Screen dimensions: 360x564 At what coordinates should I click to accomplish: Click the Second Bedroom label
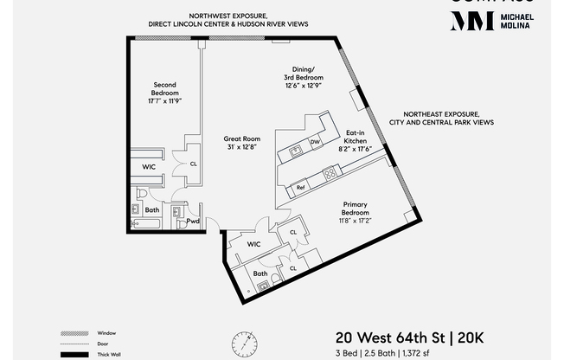[165, 89]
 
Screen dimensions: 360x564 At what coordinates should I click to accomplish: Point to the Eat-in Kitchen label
[356, 136]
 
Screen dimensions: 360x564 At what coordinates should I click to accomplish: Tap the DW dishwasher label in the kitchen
[316, 142]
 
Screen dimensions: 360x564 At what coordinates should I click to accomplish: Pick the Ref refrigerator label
[300, 187]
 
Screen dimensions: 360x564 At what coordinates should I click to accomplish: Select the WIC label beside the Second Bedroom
[149, 166]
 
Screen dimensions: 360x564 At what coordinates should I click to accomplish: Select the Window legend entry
[106, 333]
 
